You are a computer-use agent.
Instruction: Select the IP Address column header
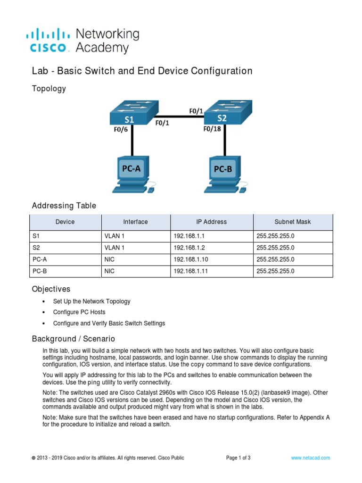coord(212,222)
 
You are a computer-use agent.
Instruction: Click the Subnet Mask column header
coord(293,222)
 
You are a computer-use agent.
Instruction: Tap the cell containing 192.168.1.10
coord(212,259)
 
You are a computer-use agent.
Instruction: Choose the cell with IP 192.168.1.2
coord(212,247)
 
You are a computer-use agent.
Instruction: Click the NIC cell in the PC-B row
coord(136,271)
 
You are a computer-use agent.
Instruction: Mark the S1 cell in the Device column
coord(65,235)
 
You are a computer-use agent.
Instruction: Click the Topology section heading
coord(49,89)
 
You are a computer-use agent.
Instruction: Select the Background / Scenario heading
coord(73,339)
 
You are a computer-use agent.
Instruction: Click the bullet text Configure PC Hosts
coord(79,312)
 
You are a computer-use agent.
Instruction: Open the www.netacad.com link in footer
coord(310,458)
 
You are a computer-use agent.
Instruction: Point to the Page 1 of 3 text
coord(238,458)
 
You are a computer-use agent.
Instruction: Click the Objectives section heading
coord(51,289)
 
